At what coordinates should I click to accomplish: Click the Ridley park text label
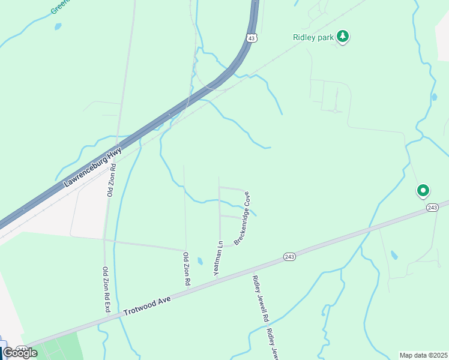tap(313, 37)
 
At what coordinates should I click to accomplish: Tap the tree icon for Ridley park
tap(343, 37)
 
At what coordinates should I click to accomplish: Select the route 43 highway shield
tap(252, 37)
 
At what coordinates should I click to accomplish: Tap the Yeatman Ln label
tap(218, 259)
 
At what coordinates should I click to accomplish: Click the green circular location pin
tap(423, 191)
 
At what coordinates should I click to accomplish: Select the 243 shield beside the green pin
tap(432, 207)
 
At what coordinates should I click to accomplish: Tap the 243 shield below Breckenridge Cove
tap(289, 257)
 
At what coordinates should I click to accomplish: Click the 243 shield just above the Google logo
tap(22, 348)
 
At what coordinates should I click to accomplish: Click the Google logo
tap(20, 353)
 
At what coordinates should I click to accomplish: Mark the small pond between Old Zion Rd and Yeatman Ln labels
tap(200, 261)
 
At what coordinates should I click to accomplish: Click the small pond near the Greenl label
tap(58, 26)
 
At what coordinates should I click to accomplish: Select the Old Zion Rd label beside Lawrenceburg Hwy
tap(111, 179)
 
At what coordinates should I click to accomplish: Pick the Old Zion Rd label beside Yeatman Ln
tap(187, 269)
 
